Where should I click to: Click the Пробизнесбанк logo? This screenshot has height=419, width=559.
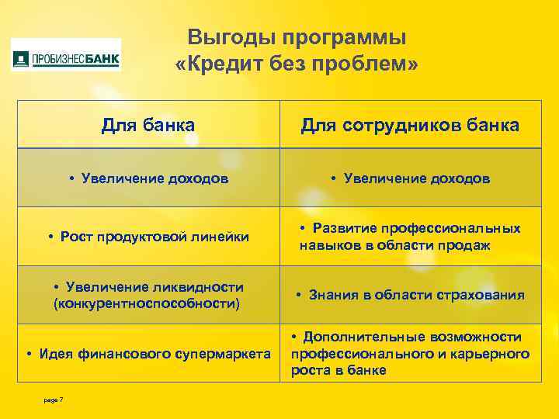(66, 58)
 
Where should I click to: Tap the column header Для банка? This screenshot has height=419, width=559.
(148, 125)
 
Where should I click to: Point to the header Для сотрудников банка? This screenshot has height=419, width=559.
(410, 125)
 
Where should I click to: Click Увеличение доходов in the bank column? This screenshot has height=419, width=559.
(148, 178)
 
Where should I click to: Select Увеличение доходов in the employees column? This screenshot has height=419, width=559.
(410, 178)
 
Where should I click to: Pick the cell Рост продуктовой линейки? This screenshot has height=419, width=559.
(148, 237)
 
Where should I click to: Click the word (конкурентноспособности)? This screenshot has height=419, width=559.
(147, 303)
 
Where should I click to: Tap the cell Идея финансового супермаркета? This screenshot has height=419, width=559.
(148, 355)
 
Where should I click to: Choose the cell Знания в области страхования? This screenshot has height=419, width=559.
(410, 295)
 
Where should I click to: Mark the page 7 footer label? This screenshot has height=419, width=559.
(54, 400)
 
